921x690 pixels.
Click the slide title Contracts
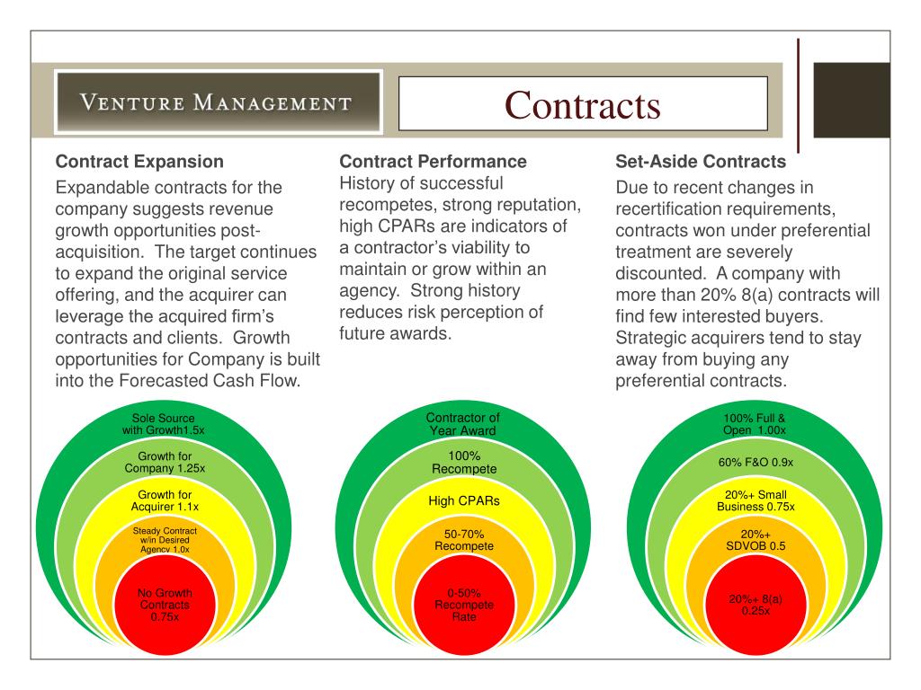(582, 104)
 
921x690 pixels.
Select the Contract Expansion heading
(139, 163)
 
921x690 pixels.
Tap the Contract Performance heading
(433, 162)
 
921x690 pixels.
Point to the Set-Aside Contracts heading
(701, 163)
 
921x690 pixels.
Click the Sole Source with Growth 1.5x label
(164, 424)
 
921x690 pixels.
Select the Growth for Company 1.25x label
(165, 463)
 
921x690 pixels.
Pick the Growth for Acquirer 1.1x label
(165, 500)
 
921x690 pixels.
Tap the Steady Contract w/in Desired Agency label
(165, 540)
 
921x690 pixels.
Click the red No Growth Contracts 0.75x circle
(165, 605)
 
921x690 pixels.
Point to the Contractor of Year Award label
(463, 424)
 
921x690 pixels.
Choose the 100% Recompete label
(463, 463)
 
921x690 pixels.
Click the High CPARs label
(464, 500)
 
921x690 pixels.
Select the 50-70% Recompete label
(464, 540)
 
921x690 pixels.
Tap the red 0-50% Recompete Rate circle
(464, 605)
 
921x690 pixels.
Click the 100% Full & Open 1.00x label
(755, 424)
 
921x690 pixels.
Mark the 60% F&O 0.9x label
(755, 463)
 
